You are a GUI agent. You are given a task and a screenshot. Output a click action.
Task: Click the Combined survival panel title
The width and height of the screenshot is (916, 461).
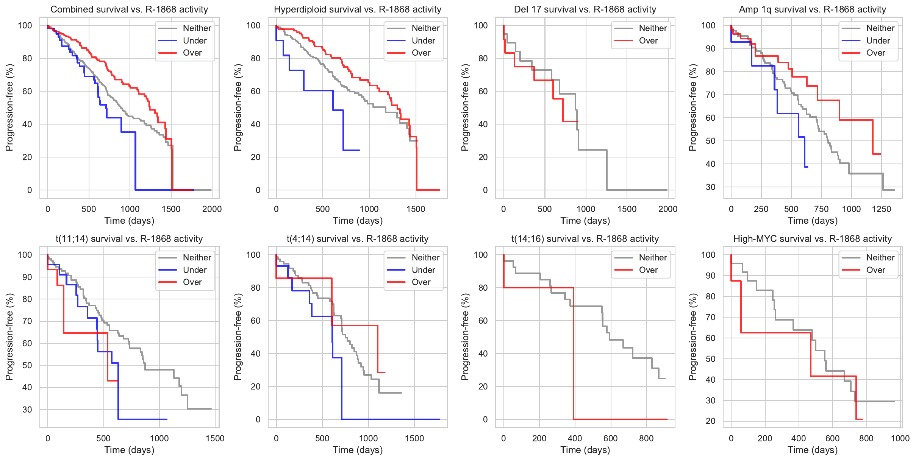tap(129, 9)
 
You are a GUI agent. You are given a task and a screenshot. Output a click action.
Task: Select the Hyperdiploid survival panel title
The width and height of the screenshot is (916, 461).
tap(358, 9)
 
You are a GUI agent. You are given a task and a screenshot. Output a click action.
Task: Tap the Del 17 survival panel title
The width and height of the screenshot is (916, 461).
tap(585, 9)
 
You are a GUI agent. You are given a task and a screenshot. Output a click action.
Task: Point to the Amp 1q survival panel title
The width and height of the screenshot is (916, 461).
tap(813, 9)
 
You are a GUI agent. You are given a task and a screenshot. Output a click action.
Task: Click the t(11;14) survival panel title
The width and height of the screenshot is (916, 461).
tap(129, 239)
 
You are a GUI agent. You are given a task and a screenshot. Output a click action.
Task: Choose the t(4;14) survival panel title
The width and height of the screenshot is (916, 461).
tap(358, 239)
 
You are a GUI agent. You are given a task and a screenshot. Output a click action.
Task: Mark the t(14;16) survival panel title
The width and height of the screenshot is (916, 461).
tap(585, 239)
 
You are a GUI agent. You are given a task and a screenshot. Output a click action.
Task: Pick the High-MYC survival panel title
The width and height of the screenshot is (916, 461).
tap(813, 239)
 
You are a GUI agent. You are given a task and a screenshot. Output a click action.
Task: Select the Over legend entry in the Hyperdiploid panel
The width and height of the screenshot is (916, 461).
tap(421, 53)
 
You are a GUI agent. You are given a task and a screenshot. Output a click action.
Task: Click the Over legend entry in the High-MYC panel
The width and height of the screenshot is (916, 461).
tap(875, 270)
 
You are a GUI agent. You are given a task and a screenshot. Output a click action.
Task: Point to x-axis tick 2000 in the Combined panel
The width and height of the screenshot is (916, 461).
tap(212, 209)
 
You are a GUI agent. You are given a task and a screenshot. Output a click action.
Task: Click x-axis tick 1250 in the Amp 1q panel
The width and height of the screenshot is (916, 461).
tap(882, 209)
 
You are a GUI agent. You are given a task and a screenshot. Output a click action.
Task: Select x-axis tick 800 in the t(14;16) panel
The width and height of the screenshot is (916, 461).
tap(646, 438)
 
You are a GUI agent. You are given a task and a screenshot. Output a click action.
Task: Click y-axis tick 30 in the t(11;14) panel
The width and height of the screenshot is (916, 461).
tap(27, 410)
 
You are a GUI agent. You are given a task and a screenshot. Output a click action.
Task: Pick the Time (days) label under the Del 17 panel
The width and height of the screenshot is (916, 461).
tap(585, 221)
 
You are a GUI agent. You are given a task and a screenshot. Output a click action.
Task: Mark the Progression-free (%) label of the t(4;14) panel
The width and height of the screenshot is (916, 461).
tap(238, 337)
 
